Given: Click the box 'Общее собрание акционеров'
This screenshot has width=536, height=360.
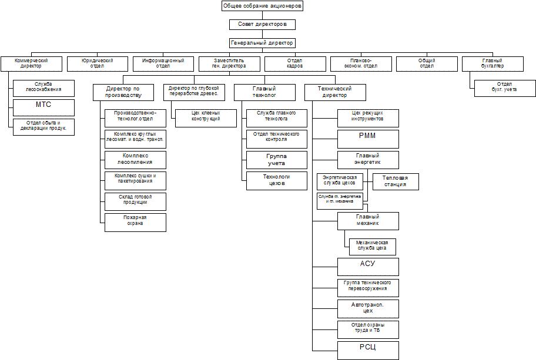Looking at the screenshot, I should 262,6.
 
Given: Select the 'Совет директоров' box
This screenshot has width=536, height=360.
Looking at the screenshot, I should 262,25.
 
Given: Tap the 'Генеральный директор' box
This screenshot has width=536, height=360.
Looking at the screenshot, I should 262,43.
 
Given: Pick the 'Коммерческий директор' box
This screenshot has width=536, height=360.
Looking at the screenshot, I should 31,63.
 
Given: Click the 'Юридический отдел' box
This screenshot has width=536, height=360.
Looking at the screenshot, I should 98,63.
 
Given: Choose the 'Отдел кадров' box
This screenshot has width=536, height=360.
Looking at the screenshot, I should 294,63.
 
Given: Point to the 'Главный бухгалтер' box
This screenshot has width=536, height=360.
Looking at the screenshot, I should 493,63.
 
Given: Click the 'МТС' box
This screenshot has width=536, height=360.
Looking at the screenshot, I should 44,107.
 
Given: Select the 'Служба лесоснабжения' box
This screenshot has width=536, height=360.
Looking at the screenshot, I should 44,88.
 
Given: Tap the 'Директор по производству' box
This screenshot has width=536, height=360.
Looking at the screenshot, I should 123,92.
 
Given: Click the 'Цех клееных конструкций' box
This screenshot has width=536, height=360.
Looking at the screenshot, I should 206,117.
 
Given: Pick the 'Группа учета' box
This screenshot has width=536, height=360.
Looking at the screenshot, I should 276,159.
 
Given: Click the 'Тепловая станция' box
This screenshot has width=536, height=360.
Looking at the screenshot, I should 396,181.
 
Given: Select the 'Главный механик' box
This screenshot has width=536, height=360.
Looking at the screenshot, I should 368,220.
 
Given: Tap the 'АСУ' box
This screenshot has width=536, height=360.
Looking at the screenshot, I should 368,266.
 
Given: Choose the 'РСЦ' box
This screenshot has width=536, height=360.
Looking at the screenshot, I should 368,350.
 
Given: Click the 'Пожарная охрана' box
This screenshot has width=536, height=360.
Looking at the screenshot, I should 135,221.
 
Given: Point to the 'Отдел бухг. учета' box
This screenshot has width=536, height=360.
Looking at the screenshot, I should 505,88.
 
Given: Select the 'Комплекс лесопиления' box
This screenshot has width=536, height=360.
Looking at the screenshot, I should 135,159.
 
